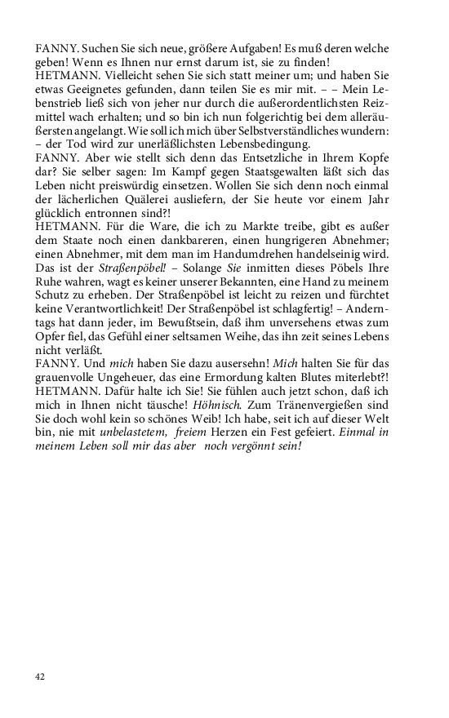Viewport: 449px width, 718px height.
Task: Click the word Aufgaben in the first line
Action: pos(269,47)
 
